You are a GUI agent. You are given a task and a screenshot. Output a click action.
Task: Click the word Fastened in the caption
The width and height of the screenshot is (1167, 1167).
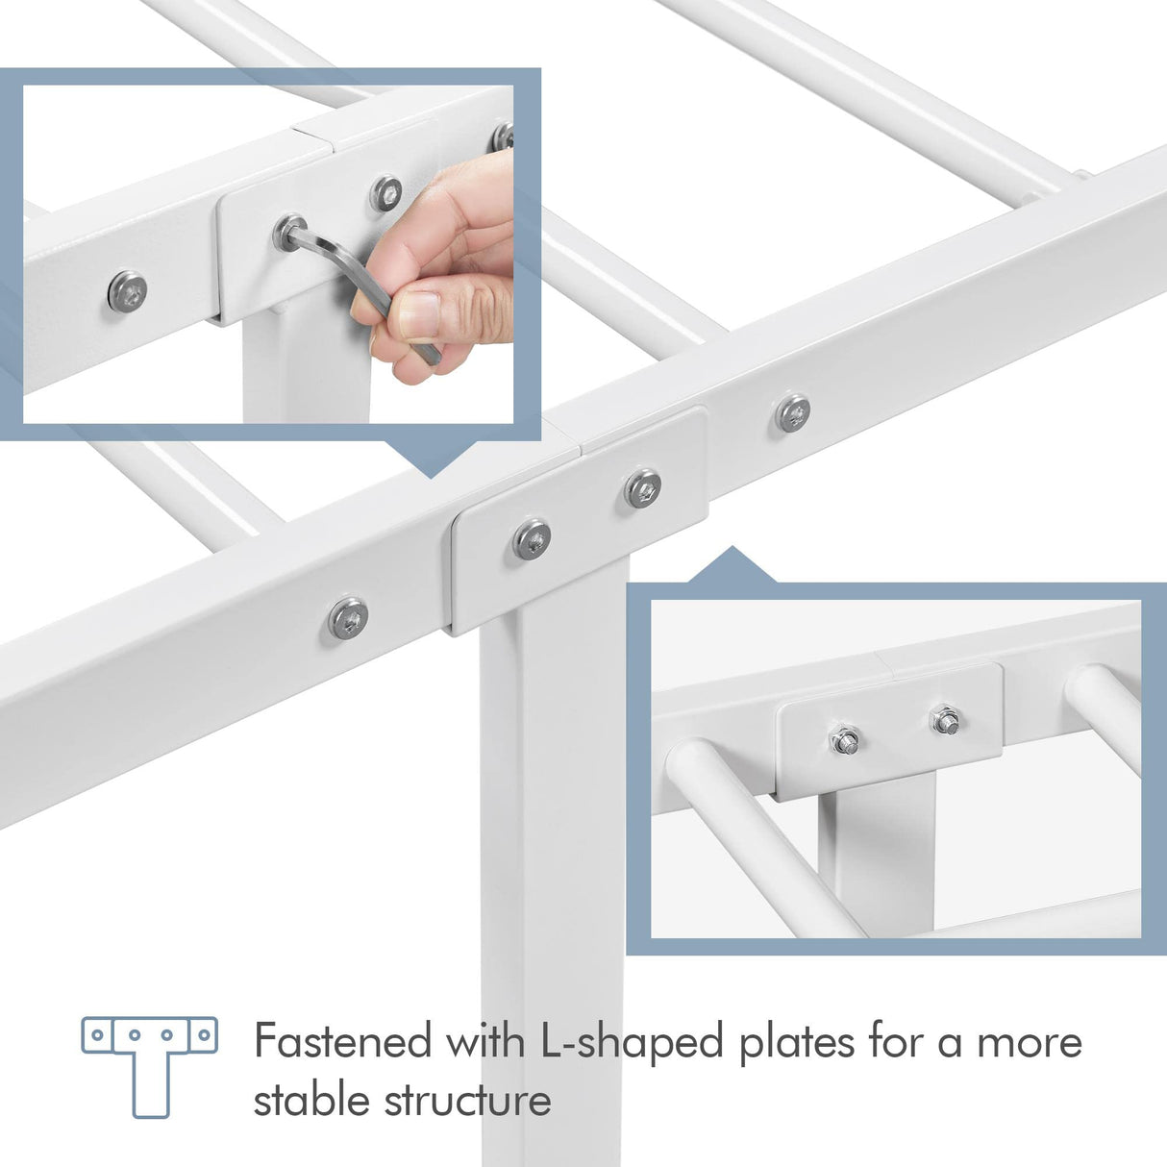[341, 1042]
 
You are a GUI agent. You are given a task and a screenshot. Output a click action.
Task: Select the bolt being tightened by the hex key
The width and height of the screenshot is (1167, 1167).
[286, 231]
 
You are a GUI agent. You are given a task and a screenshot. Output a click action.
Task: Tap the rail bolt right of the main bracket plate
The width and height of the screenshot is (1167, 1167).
[792, 412]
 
